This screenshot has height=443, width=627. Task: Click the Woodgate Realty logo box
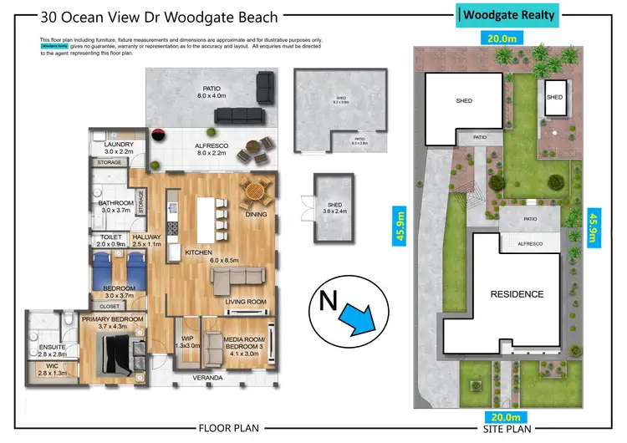pos(508,15)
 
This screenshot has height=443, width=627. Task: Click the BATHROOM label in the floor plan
pos(116,206)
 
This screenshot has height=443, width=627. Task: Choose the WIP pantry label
pos(187,340)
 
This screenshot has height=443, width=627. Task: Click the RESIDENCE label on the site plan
pos(517,294)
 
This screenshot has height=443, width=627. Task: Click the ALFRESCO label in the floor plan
pos(201,149)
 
